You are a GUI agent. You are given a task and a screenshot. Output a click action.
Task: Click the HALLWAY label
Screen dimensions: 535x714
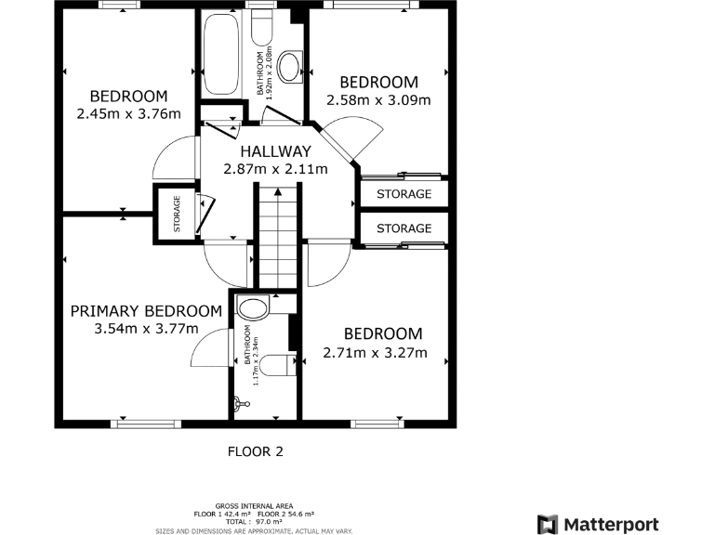[275, 151]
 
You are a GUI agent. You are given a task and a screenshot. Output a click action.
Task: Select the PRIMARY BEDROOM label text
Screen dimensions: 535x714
[147, 311]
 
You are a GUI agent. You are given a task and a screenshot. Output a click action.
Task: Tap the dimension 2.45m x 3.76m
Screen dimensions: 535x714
[128, 114]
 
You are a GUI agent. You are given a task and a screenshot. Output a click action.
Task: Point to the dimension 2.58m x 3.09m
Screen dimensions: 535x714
[378, 99]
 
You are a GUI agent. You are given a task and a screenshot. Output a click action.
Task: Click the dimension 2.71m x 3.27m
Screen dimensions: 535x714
[375, 352]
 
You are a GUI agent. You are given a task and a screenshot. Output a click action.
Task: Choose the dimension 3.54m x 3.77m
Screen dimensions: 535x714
[147, 329]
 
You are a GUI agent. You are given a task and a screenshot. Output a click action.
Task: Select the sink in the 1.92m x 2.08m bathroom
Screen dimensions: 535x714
[290, 66]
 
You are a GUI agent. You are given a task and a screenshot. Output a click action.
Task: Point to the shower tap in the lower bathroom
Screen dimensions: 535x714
[241, 403]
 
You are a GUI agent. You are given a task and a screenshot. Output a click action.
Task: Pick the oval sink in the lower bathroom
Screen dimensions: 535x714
[252, 307]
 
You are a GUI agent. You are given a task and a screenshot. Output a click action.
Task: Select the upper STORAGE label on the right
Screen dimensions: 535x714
[403, 194]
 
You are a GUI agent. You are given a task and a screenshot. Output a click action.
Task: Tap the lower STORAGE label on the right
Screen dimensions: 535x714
[403, 228]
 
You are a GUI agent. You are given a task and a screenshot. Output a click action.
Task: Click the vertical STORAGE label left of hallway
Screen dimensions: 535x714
[177, 214]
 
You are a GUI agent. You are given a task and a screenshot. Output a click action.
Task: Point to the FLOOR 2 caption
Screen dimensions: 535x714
[255, 452]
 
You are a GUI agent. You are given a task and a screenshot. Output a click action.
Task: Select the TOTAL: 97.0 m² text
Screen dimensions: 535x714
[253, 523]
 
